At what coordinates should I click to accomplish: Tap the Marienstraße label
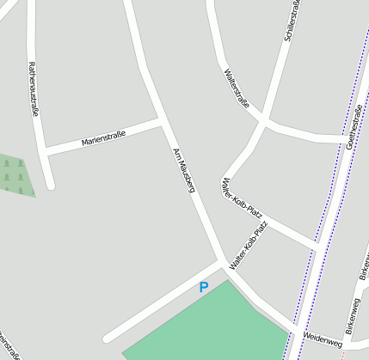click(103, 137)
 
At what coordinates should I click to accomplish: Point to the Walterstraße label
click(236, 88)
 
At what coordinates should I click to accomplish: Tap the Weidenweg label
click(323, 343)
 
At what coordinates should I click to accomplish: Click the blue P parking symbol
click(204, 288)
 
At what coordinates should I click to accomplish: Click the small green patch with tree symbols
click(15, 175)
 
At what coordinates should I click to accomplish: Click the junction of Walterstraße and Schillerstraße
click(265, 122)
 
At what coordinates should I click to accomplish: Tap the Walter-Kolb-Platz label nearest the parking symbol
click(249, 246)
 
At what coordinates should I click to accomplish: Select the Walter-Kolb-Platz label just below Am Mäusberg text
click(242, 198)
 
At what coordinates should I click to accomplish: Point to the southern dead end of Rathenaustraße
click(51, 184)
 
